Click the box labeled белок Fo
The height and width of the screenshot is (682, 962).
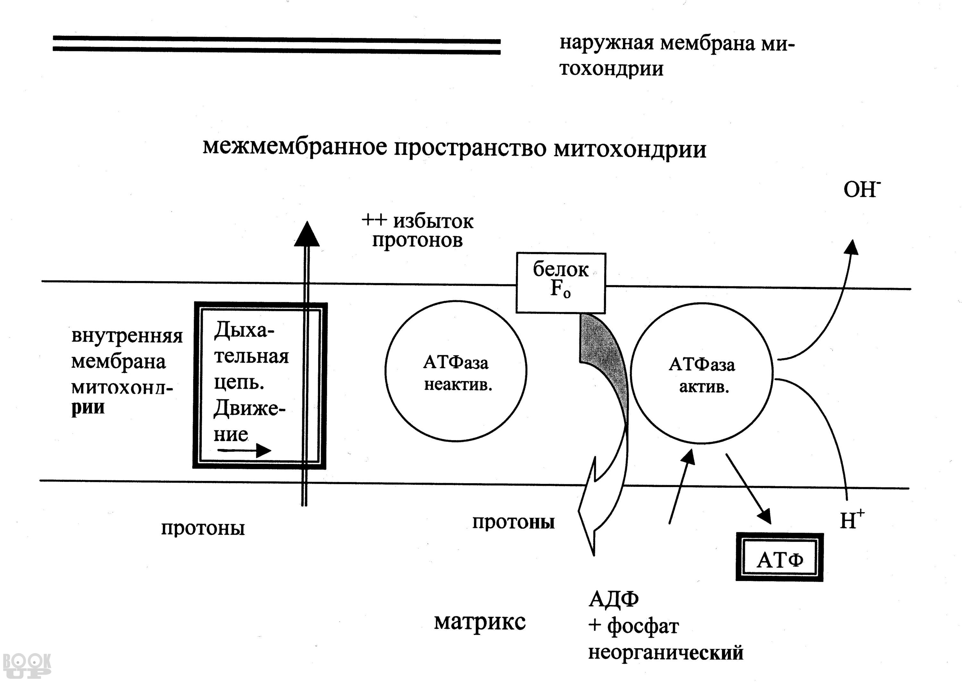[561, 282]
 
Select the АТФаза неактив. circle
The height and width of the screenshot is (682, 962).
[456, 371]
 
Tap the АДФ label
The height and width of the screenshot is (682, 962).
[613, 599]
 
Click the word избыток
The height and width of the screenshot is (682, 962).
[433, 221]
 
